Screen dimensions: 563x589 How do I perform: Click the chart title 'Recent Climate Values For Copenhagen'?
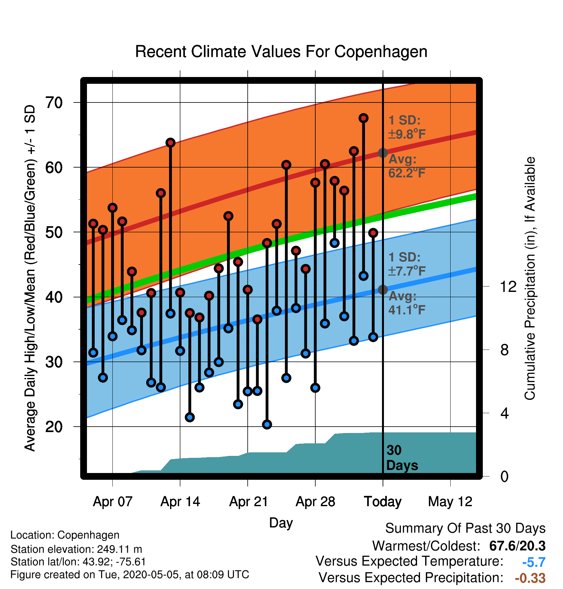[x=281, y=52]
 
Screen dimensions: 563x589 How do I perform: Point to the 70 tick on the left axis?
[x=54, y=103]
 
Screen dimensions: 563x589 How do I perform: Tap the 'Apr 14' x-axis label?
[x=180, y=502]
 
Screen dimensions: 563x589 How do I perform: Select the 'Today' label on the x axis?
[x=383, y=502]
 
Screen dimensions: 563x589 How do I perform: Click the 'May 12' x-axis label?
[x=450, y=502]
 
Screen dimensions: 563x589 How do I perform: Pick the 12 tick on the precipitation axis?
[x=508, y=286]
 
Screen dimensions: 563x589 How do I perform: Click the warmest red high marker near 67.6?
[x=363, y=118]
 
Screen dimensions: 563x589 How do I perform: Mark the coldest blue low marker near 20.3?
[x=267, y=424]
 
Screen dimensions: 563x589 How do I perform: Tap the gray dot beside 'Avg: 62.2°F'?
[x=383, y=153]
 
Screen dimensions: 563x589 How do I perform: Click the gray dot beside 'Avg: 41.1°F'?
[x=383, y=290]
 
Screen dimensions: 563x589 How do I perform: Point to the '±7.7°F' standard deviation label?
[x=407, y=271]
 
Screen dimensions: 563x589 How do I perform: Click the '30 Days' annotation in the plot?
[x=402, y=458]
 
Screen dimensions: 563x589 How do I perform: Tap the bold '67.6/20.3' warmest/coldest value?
[x=517, y=546]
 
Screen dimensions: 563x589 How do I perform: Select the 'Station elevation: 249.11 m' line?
[x=76, y=549]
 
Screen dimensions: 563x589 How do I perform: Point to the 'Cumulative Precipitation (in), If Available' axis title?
[x=530, y=278]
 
